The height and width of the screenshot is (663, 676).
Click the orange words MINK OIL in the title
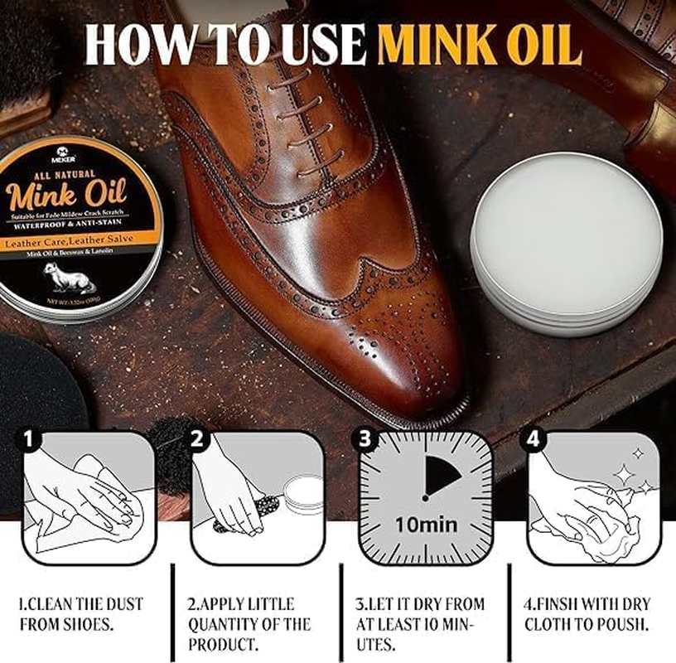point(478,46)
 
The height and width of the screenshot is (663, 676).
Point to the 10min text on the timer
point(425,525)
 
